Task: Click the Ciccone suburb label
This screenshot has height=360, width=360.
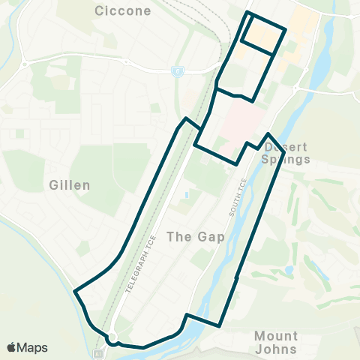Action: click(124, 11)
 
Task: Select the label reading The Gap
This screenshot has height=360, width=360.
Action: click(190, 236)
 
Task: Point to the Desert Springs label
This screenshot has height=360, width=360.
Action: click(287, 153)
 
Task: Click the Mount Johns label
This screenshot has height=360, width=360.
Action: click(276, 342)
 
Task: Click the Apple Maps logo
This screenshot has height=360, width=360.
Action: click(28, 347)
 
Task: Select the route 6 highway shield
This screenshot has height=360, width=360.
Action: click(178, 71)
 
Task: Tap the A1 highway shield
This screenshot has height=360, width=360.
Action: click(98, 352)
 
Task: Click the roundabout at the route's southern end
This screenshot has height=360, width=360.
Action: click(112, 337)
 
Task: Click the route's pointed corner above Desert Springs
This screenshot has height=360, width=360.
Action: click(268, 134)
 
